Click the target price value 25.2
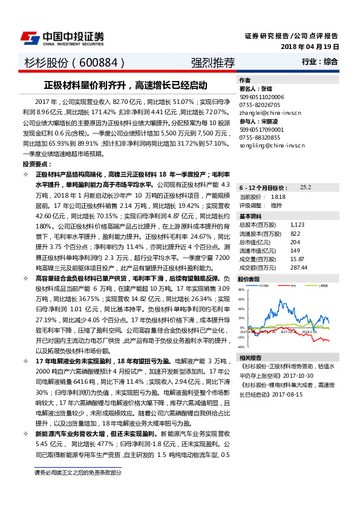tap(305, 187)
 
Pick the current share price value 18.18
tap(278, 196)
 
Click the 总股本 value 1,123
tap(297, 224)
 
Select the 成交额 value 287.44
tap(299, 267)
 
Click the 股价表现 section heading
tap(249, 279)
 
